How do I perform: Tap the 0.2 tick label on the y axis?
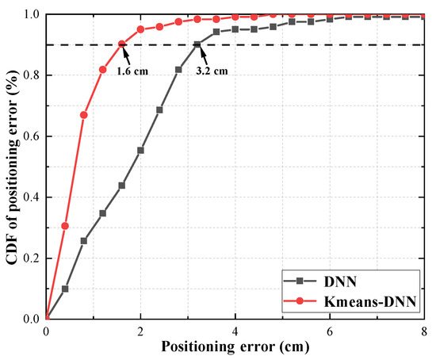click(31, 258)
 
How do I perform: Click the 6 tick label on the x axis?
click(330, 330)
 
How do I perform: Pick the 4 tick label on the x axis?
click(235, 330)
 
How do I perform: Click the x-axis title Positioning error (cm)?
click(235, 347)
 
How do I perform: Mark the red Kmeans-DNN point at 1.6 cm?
click(121, 44)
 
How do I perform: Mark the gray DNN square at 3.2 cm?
click(197, 44)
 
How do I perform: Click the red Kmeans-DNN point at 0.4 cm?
click(65, 226)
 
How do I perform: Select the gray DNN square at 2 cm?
click(140, 150)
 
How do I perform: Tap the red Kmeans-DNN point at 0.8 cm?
click(84, 115)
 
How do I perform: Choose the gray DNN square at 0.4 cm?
click(65, 289)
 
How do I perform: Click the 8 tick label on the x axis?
click(424, 330)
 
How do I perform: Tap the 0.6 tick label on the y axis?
click(31, 136)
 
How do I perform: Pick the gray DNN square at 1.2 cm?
click(103, 213)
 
